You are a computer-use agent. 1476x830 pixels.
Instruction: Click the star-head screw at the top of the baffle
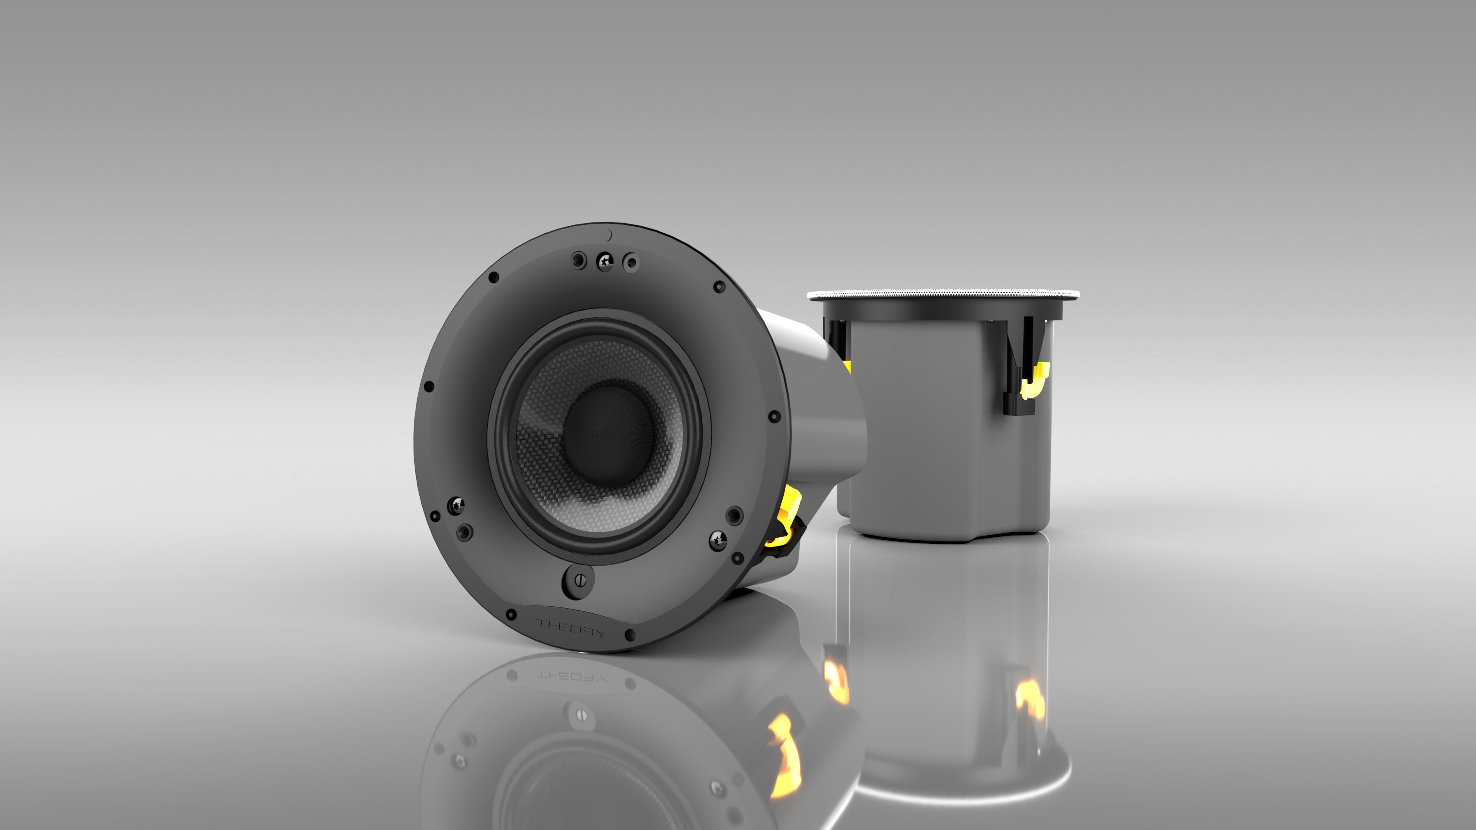pos(605,262)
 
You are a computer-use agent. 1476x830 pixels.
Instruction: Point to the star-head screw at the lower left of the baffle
pos(456,505)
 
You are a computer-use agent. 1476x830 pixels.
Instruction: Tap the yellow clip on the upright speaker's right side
pos(1035,380)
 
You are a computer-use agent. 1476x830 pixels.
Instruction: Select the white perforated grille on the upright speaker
pos(943,294)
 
